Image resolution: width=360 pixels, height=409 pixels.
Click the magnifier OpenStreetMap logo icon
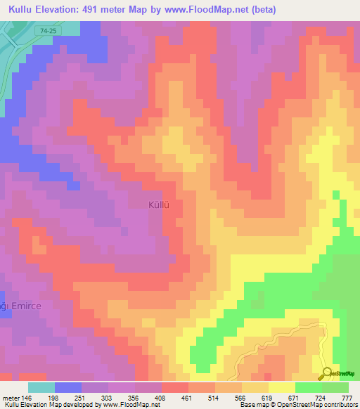(328, 374)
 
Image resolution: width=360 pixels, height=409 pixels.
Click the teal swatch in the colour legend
(41, 387)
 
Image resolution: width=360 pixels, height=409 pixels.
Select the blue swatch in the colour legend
(68, 387)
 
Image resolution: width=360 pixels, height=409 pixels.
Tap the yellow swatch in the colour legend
(282, 387)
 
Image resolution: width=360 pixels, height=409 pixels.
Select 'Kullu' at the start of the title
(21, 10)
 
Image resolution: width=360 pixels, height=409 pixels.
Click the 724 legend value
(319, 398)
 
